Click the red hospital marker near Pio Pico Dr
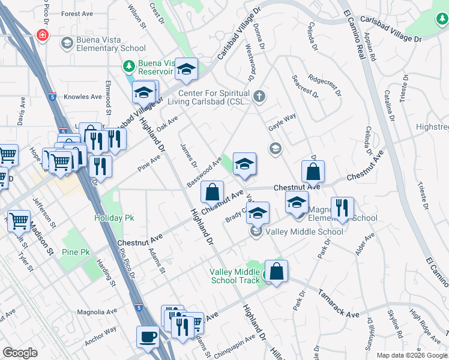[x=42, y=35]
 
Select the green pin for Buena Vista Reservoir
[x=127, y=65]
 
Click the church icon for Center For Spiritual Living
[x=259, y=96]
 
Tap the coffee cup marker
[x=148, y=337]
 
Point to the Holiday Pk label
[x=114, y=218]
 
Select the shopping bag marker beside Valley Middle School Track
[x=276, y=272]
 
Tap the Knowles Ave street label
[x=83, y=97]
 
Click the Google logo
[x=19, y=352]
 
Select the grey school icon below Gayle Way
[x=275, y=148]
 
